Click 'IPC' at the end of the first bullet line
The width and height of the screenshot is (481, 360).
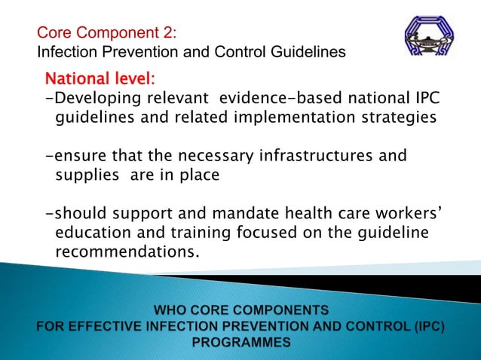click(x=424, y=99)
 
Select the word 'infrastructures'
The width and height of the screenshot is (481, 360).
click(x=314, y=157)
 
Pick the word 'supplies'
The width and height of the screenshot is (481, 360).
click(x=87, y=176)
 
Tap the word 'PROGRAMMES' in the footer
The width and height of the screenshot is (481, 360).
click(x=240, y=341)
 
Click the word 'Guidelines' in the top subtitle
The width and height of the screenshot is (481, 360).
click(x=310, y=53)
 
